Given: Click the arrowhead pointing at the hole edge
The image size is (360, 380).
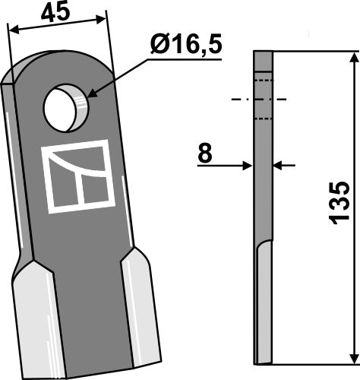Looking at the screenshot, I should click(x=92, y=95).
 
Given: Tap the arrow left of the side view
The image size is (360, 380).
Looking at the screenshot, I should click(x=245, y=164).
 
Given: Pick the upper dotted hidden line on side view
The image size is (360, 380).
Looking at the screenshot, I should click(x=262, y=79).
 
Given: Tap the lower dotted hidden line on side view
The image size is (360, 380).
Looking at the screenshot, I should click(x=262, y=118).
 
